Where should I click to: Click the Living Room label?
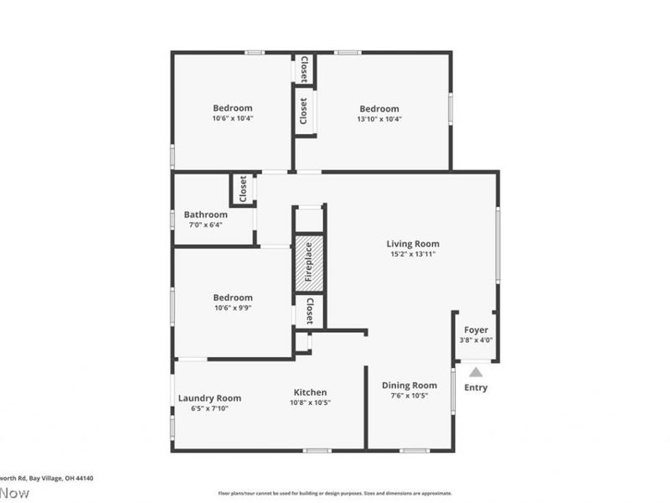pyautogui.click(x=413, y=244)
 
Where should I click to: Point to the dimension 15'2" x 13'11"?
pyautogui.click(x=413, y=254)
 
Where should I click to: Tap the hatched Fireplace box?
pyautogui.click(x=308, y=263)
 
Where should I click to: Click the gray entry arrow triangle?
pyautogui.click(x=476, y=372)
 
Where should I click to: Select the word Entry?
pyautogui.click(x=476, y=387)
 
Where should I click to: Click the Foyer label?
pyautogui.click(x=476, y=329)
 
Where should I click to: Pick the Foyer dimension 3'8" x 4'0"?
pyautogui.click(x=476, y=340)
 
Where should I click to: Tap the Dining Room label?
pyautogui.click(x=410, y=386)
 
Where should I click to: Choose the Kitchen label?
pyautogui.click(x=310, y=392)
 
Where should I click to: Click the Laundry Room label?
pyautogui.click(x=209, y=398)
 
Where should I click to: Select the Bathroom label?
pyautogui.click(x=205, y=215)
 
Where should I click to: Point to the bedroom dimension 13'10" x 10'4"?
pyautogui.click(x=379, y=119)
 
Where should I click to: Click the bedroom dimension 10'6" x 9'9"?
pyautogui.click(x=232, y=308)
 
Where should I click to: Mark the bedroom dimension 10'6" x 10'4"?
pyautogui.click(x=232, y=118)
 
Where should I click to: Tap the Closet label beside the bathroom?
pyautogui.click(x=243, y=189)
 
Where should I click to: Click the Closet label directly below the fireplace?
pyautogui.click(x=309, y=311)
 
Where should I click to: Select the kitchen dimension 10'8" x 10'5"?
pyautogui.click(x=310, y=402)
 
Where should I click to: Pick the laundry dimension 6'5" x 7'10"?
pyautogui.click(x=209, y=408)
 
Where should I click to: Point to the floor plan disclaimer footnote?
pyautogui.click(x=335, y=494)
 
